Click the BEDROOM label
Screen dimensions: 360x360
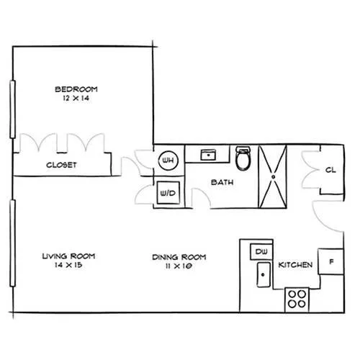[x=76, y=89]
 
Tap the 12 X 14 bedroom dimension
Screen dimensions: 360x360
[x=76, y=98]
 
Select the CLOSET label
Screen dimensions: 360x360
[x=61, y=165]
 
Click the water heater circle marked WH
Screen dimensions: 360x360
[x=168, y=161]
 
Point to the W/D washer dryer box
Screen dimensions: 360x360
[x=168, y=193]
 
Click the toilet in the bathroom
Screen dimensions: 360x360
[x=243, y=158]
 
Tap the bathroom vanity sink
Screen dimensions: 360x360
[x=208, y=155]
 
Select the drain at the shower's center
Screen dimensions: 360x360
[x=273, y=177]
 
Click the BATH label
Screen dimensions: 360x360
[x=222, y=182]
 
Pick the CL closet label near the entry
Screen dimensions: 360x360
[x=330, y=170]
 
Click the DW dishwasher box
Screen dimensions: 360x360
[x=261, y=251]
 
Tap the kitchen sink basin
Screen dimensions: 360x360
[x=264, y=274]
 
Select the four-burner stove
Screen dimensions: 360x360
[x=297, y=300]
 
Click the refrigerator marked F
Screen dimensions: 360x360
[x=330, y=261]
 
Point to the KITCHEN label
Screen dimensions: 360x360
[x=295, y=265]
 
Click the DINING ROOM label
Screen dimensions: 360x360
[x=179, y=257]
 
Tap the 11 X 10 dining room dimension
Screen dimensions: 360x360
[x=179, y=266]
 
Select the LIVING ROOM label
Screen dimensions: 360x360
[x=68, y=256]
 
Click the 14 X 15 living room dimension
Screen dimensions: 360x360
[x=68, y=265]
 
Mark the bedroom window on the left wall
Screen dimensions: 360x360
[x=12, y=109]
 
